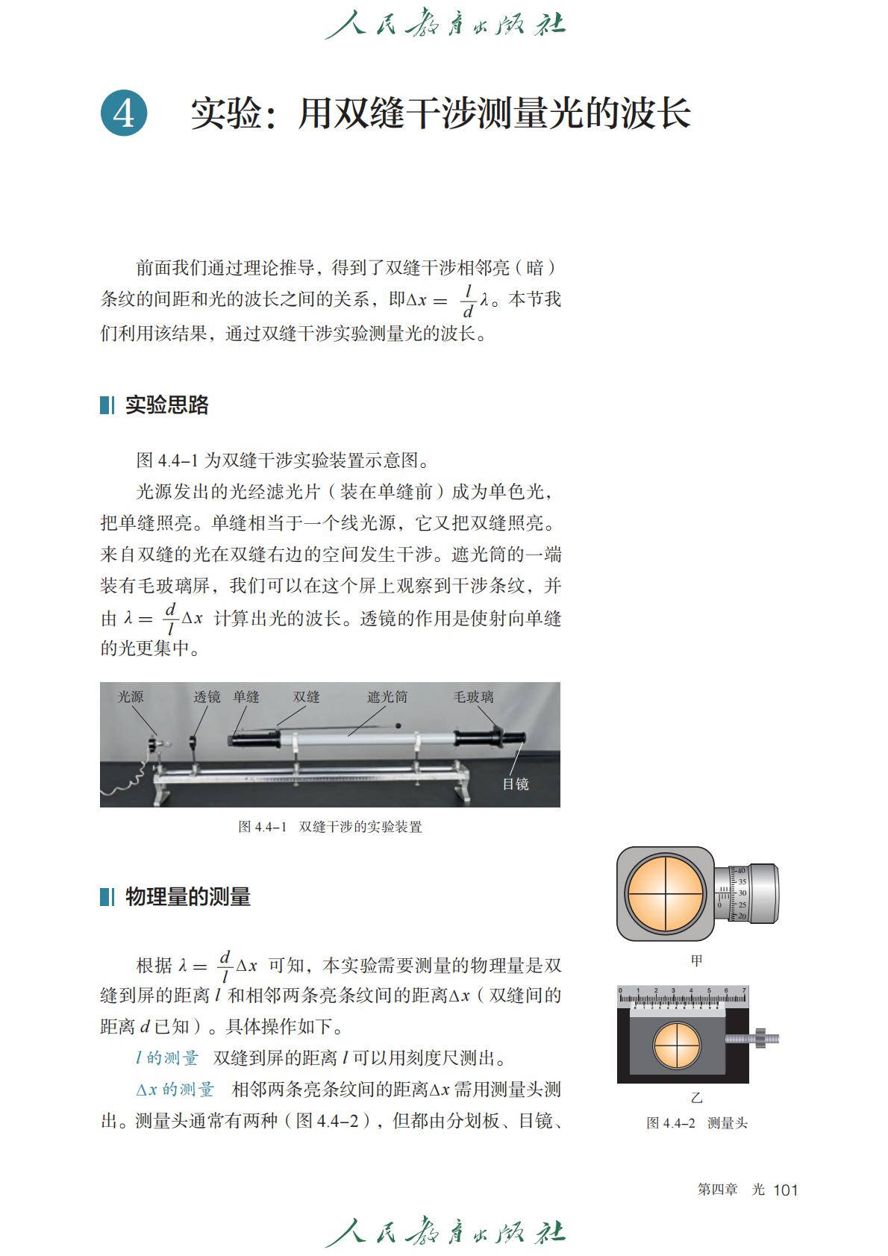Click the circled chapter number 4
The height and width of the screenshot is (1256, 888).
click(x=124, y=113)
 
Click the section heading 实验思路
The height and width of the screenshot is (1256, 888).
click(x=166, y=404)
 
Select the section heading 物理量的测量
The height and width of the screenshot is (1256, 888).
click(x=188, y=896)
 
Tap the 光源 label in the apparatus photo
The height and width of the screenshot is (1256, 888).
click(x=131, y=697)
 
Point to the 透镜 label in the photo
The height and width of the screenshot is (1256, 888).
click(x=207, y=697)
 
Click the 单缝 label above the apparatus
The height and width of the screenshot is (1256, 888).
click(x=246, y=697)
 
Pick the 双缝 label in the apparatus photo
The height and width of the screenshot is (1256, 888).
click(x=306, y=697)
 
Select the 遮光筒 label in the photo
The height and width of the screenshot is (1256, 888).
click(x=387, y=697)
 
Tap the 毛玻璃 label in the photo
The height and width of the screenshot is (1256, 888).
click(x=474, y=697)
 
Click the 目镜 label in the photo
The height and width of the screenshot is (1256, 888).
click(x=515, y=784)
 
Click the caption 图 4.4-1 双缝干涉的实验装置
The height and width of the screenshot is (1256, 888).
click(x=330, y=827)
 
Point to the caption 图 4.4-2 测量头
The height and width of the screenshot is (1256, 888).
click(x=697, y=1123)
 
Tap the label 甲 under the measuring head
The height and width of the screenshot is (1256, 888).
click(x=697, y=961)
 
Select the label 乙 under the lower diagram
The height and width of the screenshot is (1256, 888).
click(x=697, y=1097)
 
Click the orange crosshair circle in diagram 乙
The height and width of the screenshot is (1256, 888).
click(x=678, y=1046)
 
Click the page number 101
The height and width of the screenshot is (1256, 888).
click(x=785, y=1190)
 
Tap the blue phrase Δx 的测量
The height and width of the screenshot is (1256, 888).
click(x=175, y=1090)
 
